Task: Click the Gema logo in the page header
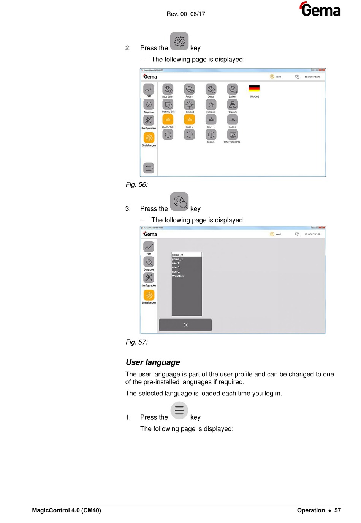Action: [320, 10]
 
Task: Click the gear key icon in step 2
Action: [179, 41]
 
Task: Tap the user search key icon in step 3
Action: [179, 202]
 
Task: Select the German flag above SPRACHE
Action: [254, 88]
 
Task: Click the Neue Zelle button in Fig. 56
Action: [168, 89]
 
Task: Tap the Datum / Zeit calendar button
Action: [168, 104]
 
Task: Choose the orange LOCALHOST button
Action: [168, 120]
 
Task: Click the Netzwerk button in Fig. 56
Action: [232, 104]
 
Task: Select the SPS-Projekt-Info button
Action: [232, 135]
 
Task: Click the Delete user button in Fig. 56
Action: [211, 89]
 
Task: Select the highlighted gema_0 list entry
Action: [186, 255]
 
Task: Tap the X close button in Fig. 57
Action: [185, 325]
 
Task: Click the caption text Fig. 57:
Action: [137, 342]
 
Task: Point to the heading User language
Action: [153, 362]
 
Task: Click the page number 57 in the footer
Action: [337, 510]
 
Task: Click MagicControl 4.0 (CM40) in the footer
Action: [66, 510]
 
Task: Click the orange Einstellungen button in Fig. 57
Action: [149, 295]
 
